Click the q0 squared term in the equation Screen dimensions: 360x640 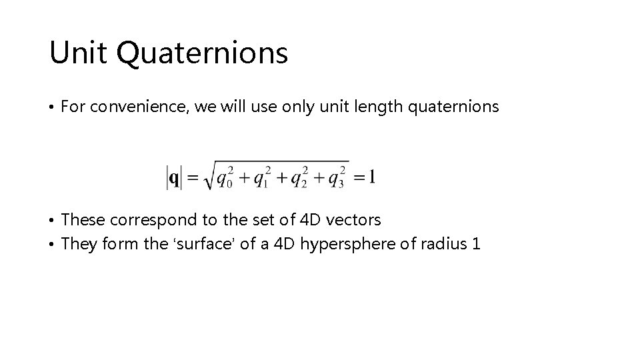click(223, 178)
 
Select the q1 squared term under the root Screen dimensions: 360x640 click(260, 178)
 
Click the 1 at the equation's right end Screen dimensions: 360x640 click(371, 177)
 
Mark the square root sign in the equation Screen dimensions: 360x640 click(207, 177)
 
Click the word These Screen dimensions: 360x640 click(83, 219)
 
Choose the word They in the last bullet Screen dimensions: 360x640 click(79, 244)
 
